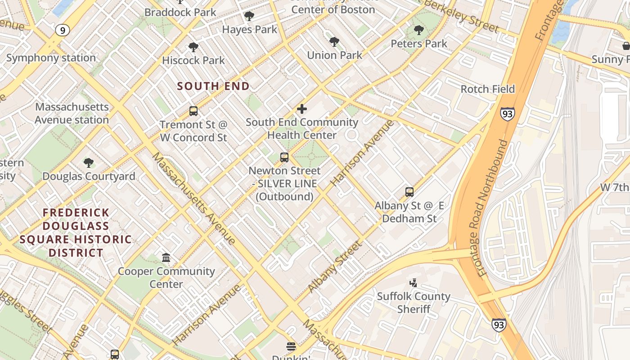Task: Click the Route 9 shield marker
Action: tap(63, 30)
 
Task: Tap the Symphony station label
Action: tap(51, 58)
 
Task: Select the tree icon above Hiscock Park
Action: tap(193, 47)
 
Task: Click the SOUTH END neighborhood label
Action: tap(213, 86)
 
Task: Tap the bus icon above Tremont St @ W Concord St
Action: tap(193, 111)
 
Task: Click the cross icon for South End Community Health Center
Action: tap(302, 109)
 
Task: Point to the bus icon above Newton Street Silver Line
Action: tap(284, 157)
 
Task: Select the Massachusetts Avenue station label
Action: tap(72, 113)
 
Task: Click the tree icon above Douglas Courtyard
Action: tap(89, 163)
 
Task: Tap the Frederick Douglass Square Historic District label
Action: tap(76, 232)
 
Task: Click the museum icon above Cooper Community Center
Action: tap(166, 258)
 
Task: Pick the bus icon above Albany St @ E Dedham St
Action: tap(409, 192)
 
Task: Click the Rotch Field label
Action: tap(487, 89)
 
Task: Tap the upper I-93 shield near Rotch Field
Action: tap(507, 114)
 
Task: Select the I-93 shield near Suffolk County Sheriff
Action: tap(498, 324)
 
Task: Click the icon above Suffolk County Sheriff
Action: tap(413, 283)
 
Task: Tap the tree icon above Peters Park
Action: tap(419, 31)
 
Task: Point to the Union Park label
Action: tap(334, 55)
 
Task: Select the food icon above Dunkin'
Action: tap(291, 346)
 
